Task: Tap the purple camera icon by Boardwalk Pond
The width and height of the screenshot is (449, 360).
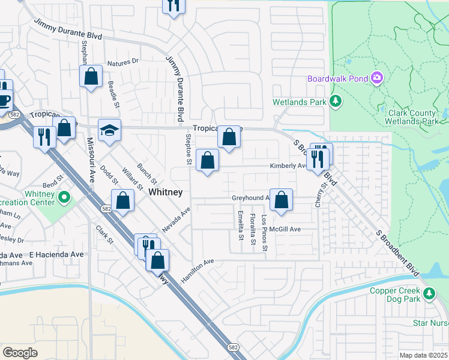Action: (377, 77)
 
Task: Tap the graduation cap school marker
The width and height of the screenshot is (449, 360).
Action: (109, 130)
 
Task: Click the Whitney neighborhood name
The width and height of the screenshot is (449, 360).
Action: (165, 191)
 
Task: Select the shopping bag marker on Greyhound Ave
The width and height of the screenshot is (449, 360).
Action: (281, 200)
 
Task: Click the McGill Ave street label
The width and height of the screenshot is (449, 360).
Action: (285, 229)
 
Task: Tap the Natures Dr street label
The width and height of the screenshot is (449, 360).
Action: (122, 62)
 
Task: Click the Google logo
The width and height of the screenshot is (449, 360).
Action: (20, 353)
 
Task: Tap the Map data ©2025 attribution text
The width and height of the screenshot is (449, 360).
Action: (424, 355)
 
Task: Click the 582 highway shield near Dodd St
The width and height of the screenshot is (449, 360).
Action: (106, 208)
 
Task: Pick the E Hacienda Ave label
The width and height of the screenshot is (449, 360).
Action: (56, 254)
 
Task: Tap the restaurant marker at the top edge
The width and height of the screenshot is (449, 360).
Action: (173, 5)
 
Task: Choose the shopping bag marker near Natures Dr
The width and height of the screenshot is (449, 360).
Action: (91, 77)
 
